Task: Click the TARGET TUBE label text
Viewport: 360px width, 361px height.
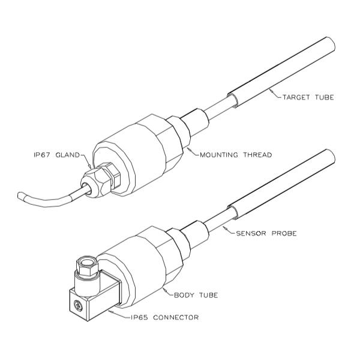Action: click(308, 97)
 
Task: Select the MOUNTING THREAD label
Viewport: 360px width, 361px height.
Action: click(236, 155)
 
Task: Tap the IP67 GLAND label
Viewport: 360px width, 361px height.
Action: click(56, 155)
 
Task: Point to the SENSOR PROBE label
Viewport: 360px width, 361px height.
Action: click(266, 234)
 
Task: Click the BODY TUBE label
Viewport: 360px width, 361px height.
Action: click(196, 295)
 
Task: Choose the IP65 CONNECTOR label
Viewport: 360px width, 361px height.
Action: click(164, 318)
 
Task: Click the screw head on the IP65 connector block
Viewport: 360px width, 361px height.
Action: click(78, 305)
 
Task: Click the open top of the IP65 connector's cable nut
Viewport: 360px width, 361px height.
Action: click(88, 261)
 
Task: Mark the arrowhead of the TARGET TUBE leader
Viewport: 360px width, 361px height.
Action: click(271, 91)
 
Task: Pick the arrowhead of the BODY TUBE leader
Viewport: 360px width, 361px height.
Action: click(165, 290)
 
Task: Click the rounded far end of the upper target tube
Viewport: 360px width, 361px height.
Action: click(332, 44)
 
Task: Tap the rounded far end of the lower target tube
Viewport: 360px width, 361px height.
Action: click(332, 156)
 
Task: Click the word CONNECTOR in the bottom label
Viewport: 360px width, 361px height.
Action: click(176, 318)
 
